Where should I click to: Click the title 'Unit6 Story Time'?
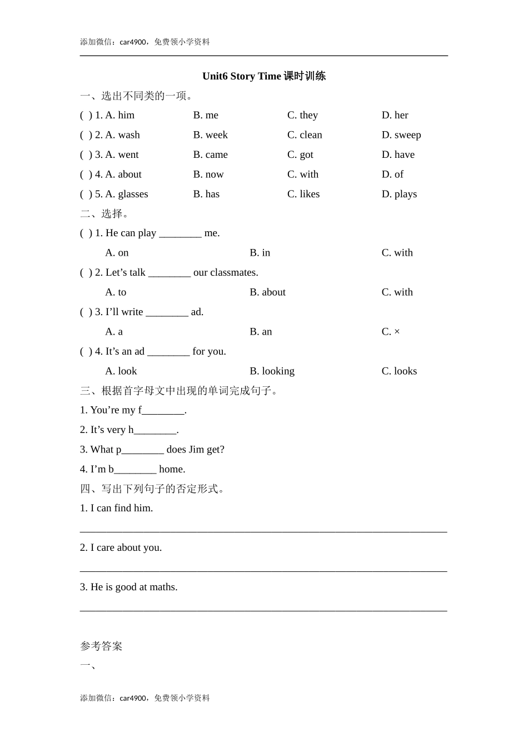[x=242, y=76]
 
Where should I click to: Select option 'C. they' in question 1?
[x=302, y=115]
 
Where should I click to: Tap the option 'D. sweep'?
[x=401, y=135]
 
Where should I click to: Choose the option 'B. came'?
[x=210, y=155]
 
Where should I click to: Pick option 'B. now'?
[x=208, y=175]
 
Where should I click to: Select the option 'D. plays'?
[x=399, y=194]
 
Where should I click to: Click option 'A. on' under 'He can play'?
[x=117, y=253]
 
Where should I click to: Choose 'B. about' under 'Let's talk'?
[x=267, y=292]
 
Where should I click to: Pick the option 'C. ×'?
[x=391, y=332]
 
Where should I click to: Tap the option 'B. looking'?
[x=272, y=371]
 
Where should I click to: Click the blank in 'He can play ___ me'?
[x=180, y=233]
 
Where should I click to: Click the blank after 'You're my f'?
[x=163, y=411]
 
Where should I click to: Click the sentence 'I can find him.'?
[x=116, y=508]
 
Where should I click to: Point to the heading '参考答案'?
[x=101, y=646]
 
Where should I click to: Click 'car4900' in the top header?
[x=133, y=42]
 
